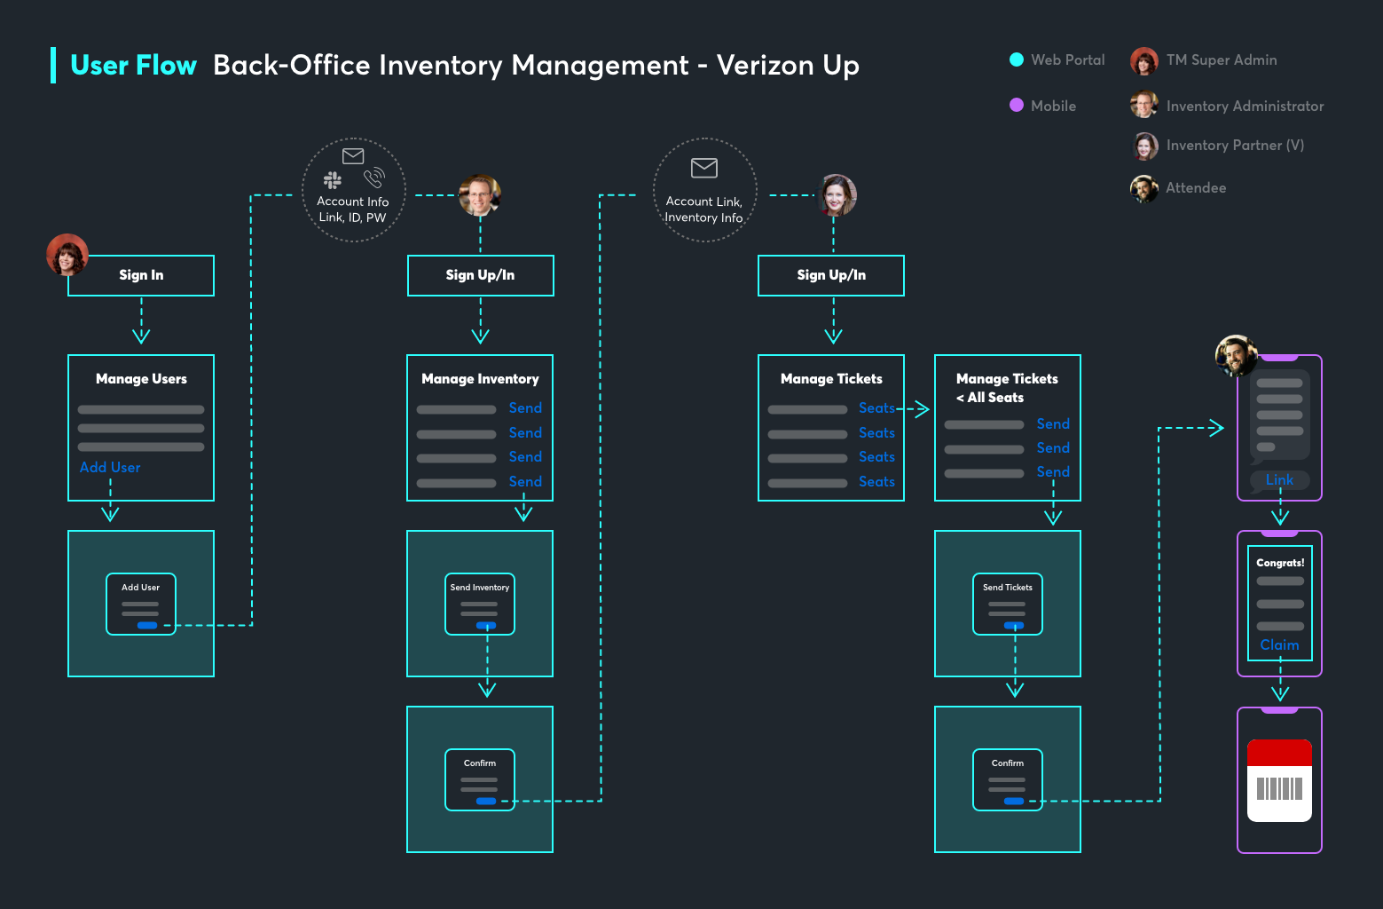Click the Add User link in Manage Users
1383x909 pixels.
tap(110, 468)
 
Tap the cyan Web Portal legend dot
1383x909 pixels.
tap(1017, 59)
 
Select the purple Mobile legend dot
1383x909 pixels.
tap(1017, 105)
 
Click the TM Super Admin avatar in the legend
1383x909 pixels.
tap(1144, 61)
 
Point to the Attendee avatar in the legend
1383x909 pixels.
tap(1143, 188)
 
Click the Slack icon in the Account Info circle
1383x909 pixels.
tap(333, 180)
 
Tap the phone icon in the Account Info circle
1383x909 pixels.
tap(374, 178)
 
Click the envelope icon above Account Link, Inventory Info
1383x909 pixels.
tap(704, 168)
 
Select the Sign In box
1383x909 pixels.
tap(141, 275)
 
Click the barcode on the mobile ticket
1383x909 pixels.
tap(1279, 788)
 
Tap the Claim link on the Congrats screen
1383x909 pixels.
tap(1279, 645)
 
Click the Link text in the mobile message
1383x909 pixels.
tap(1279, 480)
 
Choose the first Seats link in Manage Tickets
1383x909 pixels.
tap(876, 408)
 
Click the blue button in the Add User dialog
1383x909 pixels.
tap(147, 626)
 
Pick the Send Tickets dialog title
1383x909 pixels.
tap(1008, 588)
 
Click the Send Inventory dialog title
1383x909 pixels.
tap(480, 588)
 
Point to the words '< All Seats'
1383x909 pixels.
tap(990, 398)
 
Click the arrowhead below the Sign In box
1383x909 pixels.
tap(141, 336)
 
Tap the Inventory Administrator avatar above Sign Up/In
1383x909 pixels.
tap(480, 195)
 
